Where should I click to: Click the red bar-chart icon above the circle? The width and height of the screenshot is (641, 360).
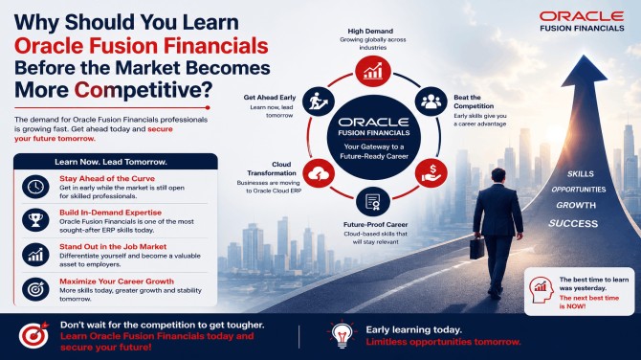coord(373,71)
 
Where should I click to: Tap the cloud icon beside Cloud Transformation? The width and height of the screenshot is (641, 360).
coord(319,173)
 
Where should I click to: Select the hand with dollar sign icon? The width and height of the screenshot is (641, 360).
coord(431,173)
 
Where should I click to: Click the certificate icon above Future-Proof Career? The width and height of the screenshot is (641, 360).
coord(372,201)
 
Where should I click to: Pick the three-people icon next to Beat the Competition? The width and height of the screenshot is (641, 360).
coord(431,101)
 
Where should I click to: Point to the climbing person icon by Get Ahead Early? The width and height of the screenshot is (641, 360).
coord(319,101)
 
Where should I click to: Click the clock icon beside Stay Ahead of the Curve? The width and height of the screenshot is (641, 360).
coord(35,187)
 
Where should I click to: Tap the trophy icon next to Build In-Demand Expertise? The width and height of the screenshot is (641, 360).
coord(35,220)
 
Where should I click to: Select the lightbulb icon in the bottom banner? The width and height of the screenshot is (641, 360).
coord(342,334)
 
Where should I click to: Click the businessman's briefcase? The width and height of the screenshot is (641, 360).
coord(476,247)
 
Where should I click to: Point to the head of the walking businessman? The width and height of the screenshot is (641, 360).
coord(498,175)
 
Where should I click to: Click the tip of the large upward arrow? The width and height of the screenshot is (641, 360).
coord(585,56)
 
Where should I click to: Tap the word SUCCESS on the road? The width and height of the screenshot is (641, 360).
coord(573,223)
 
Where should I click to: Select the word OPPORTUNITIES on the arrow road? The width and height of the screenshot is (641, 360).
coord(579,190)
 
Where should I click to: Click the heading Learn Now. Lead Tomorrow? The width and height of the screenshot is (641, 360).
coord(111,162)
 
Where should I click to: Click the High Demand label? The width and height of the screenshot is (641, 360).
coord(370,31)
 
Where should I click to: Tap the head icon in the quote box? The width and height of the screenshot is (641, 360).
coord(541,290)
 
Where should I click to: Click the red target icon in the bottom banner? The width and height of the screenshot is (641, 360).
coord(33,335)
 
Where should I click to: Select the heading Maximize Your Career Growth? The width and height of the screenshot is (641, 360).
coord(117,281)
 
